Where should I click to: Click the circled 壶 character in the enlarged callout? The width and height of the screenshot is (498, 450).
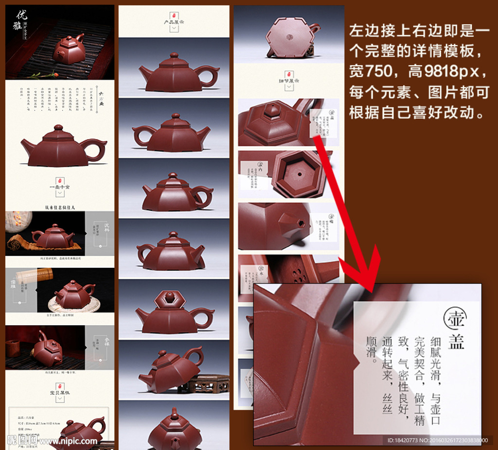point(455,318)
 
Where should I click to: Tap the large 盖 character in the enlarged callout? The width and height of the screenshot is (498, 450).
point(456,340)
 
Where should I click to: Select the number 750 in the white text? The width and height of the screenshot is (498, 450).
point(371,72)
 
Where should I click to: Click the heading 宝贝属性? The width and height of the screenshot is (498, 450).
point(60,391)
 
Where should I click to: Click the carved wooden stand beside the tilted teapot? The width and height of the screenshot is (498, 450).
point(203,383)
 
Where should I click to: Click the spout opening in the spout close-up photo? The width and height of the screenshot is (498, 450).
point(301,224)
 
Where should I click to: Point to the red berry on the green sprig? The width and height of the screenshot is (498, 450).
point(54,74)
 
